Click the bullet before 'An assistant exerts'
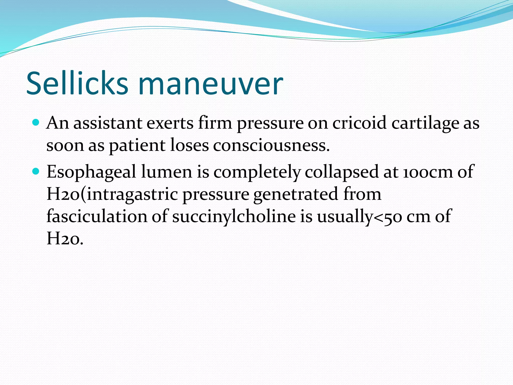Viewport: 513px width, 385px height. pyautogui.click(x=36, y=123)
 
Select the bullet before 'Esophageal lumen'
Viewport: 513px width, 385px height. pyautogui.click(x=36, y=171)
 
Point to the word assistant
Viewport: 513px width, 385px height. pyautogui.click(x=108, y=123)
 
